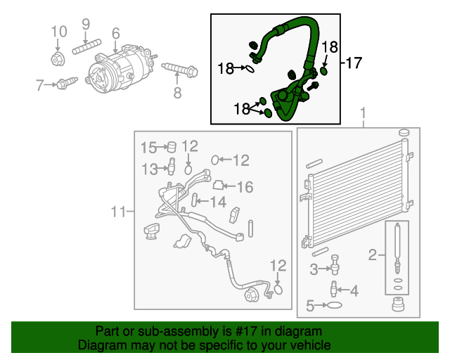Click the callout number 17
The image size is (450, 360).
pos(353,63)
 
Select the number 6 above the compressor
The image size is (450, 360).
pos(115,33)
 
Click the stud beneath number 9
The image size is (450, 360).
pos(86,50)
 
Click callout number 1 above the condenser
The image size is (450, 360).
pos(364,112)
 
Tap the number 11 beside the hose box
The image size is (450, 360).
pos(117,211)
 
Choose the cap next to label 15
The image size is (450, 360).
pos(169,147)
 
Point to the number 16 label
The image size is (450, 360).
pos(244,187)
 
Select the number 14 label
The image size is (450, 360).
pos(219,202)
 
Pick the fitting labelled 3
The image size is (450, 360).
pos(335,266)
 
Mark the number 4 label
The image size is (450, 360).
pos(354,290)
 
